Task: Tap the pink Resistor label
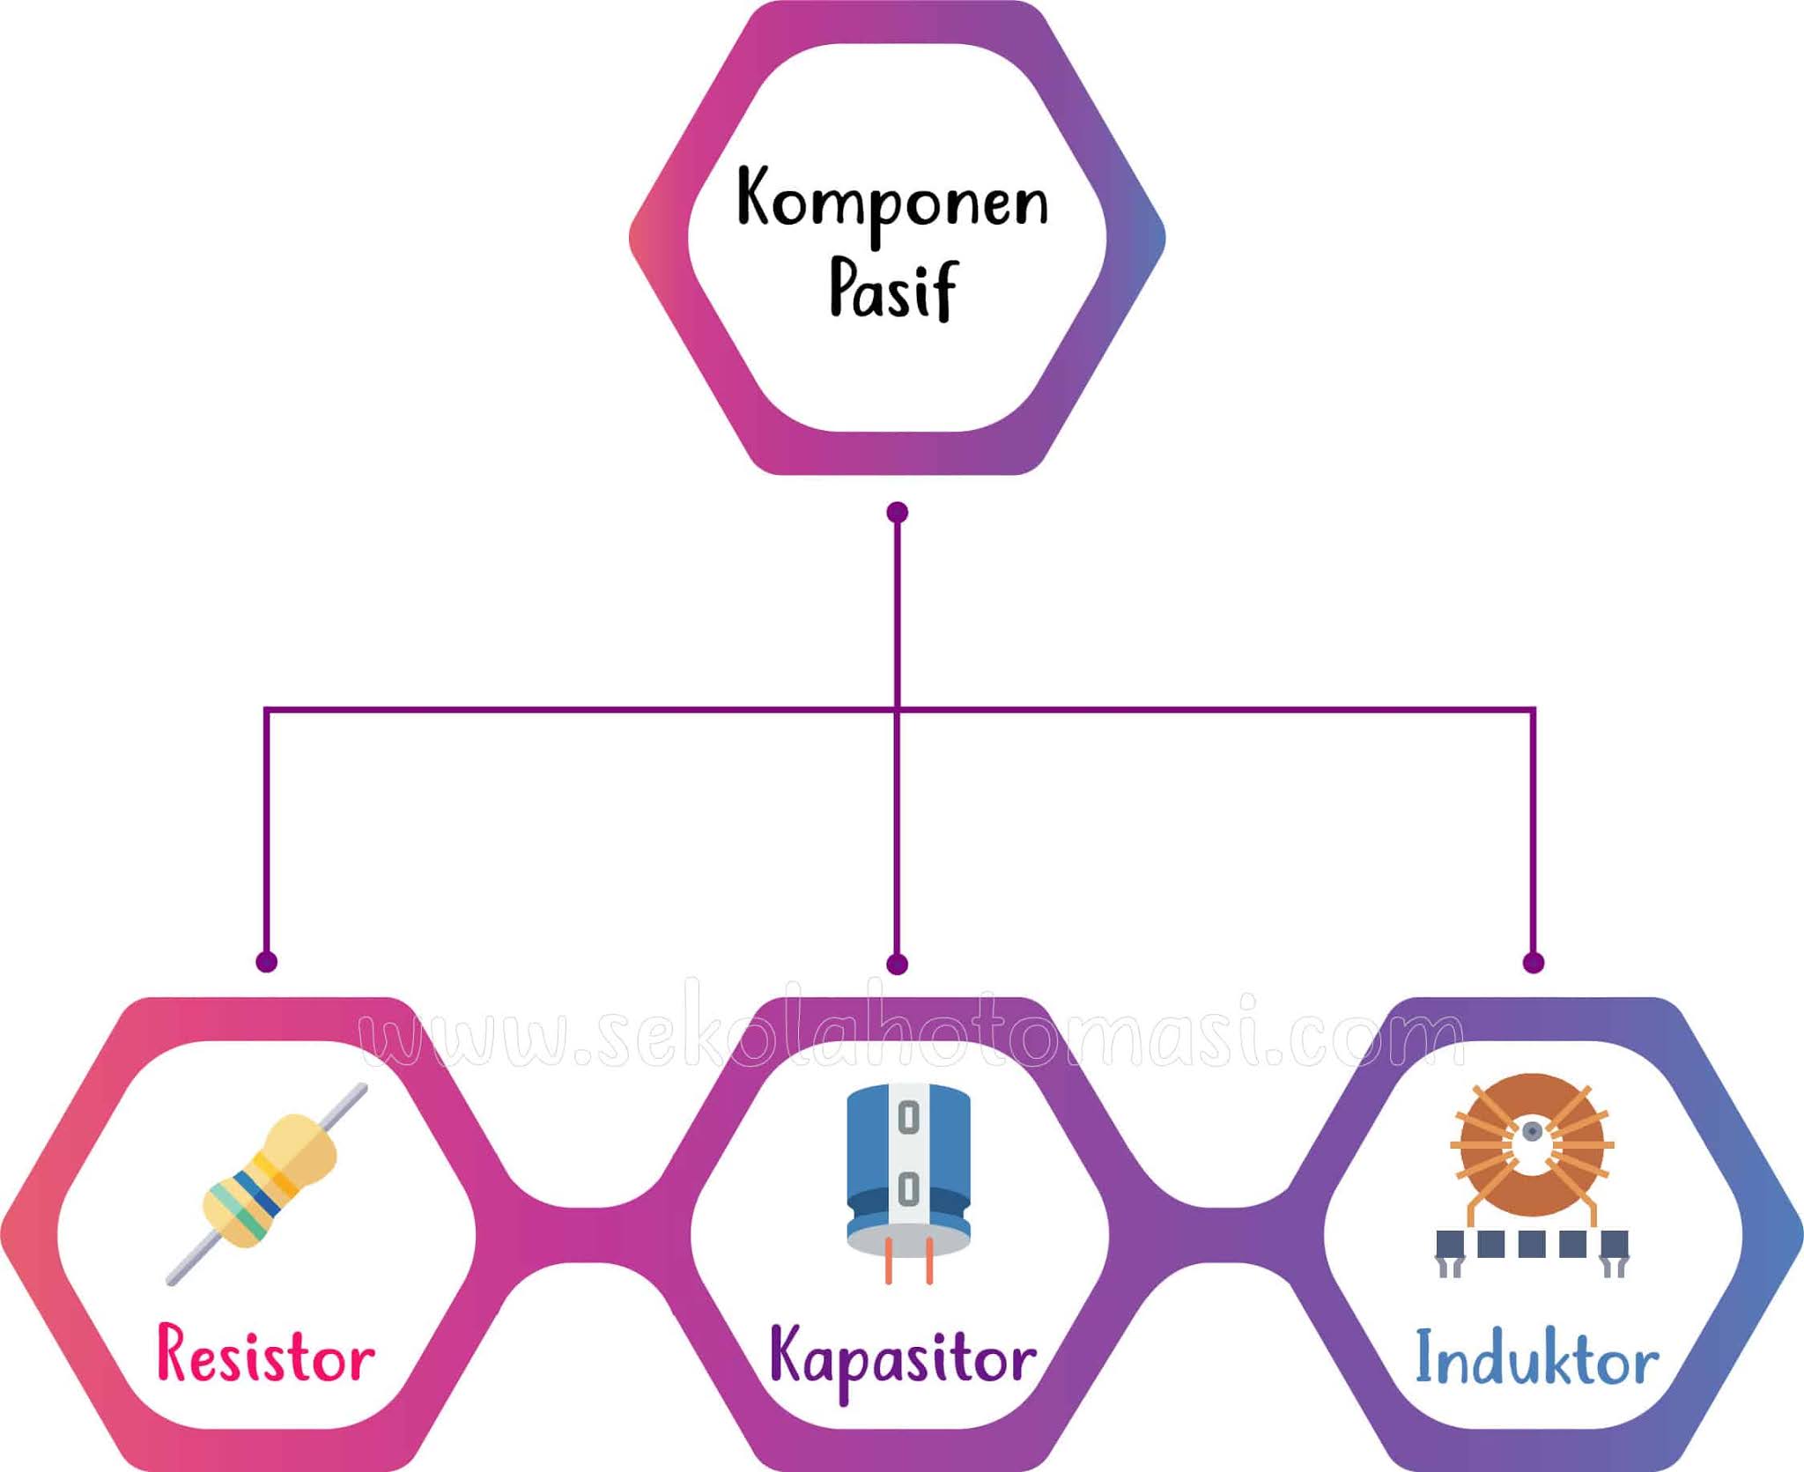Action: click(x=266, y=1355)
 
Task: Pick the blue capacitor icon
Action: click(x=908, y=1163)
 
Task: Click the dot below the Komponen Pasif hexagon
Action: click(x=897, y=513)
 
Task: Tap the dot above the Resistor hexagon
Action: click(x=266, y=961)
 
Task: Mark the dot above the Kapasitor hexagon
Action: click(x=897, y=964)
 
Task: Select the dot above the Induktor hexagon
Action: click(x=1533, y=962)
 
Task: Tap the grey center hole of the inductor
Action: click(x=1532, y=1131)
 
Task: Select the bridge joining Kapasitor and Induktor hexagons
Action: click(x=1217, y=1235)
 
